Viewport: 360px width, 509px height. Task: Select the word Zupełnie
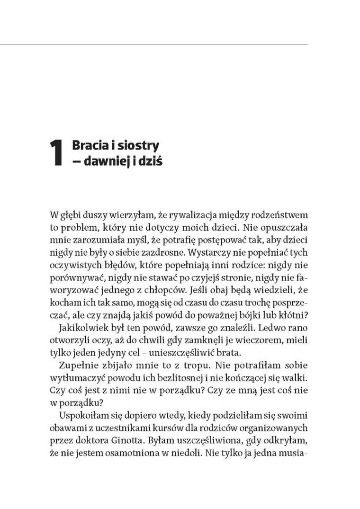click(x=75, y=365)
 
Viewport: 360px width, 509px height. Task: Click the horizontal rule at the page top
click(x=154, y=45)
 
